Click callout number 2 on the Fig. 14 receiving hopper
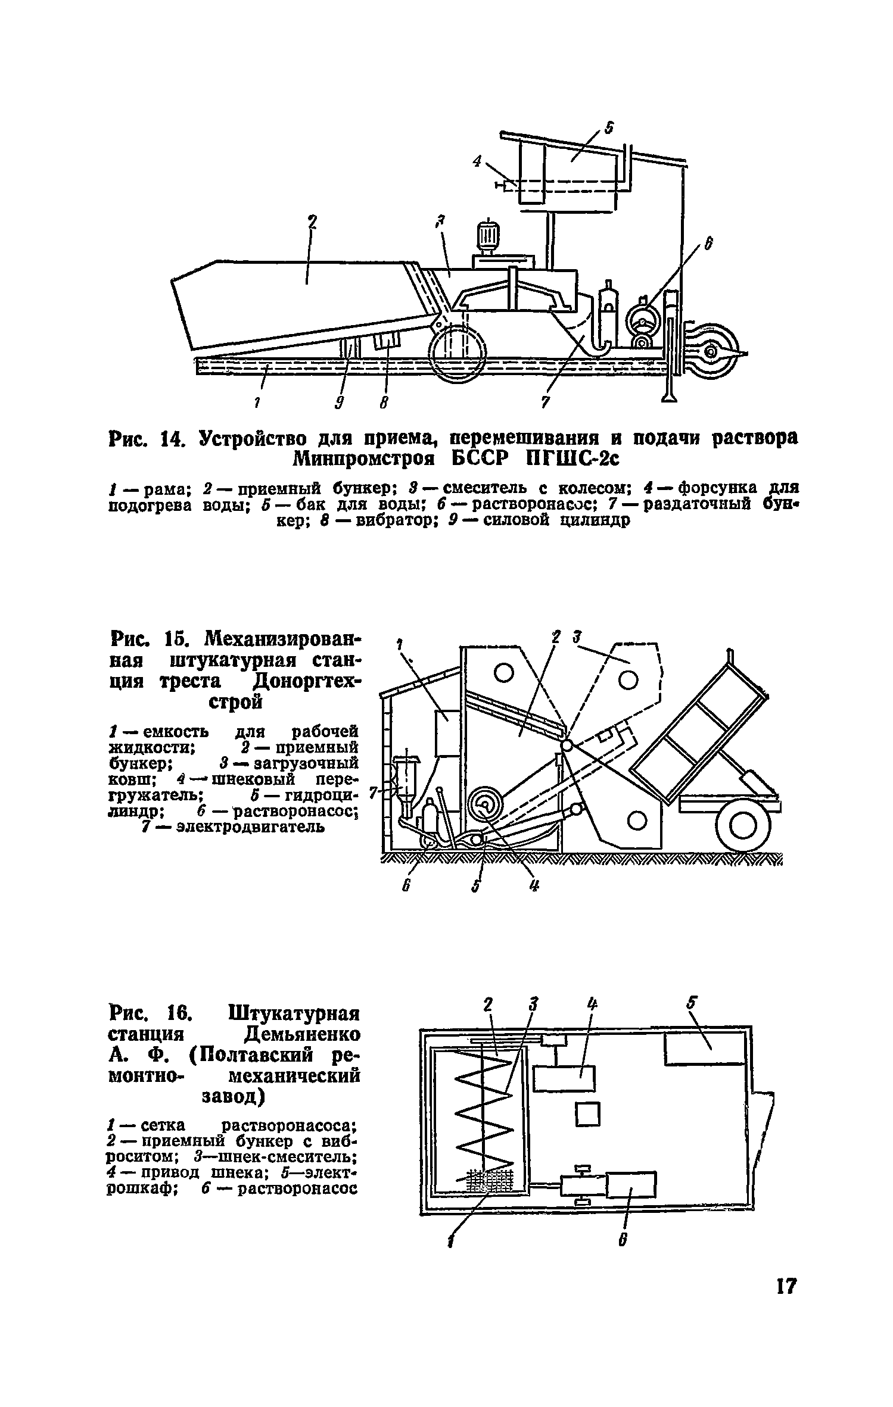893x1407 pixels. (312, 223)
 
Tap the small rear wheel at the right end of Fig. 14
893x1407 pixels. (710, 352)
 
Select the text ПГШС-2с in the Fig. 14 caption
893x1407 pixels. (572, 460)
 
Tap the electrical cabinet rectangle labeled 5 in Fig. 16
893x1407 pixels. (704, 1049)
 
